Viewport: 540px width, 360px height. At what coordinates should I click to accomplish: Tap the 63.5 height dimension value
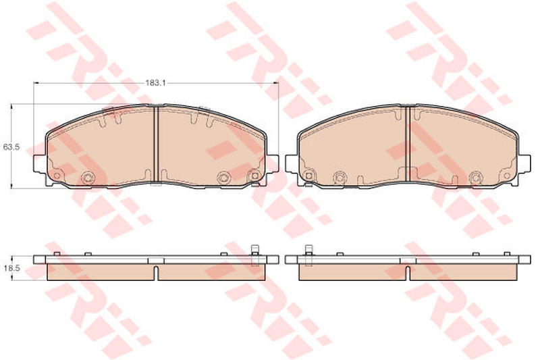click(11, 147)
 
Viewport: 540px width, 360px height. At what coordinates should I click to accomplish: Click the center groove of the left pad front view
click(156, 143)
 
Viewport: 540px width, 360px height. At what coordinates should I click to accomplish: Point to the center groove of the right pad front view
click(408, 143)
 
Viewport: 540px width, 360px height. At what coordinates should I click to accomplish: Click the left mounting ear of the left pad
click(40, 163)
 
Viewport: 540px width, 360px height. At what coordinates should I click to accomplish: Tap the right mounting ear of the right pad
click(524, 163)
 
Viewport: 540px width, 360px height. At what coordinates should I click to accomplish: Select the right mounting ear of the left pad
click(272, 163)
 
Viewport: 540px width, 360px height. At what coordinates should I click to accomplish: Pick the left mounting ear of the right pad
click(292, 163)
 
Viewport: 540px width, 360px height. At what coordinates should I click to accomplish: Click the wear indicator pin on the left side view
click(255, 255)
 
